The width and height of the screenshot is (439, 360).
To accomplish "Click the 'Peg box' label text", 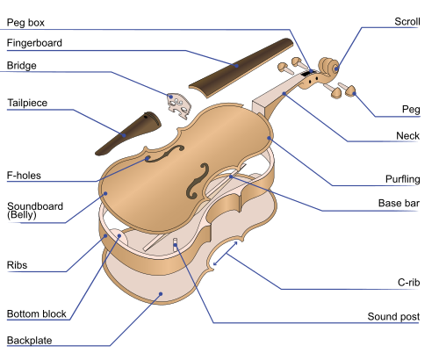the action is (x=25, y=23).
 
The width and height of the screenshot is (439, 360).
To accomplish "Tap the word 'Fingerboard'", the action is (x=34, y=43).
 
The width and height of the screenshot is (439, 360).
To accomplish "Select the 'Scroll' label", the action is (x=407, y=21).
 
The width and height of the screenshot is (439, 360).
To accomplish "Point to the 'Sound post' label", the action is (x=393, y=316).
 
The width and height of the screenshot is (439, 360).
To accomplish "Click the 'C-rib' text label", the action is (x=408, y=283).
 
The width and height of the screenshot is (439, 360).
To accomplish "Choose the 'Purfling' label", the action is (x=402, y=179).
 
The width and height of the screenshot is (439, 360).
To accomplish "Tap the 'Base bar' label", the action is (x=399, y=203).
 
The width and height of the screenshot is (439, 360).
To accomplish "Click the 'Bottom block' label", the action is (x=37, y=313).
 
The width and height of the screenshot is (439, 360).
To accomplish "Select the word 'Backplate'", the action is (x=29, y=341).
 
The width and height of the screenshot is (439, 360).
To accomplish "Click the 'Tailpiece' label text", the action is (x=27, y=103).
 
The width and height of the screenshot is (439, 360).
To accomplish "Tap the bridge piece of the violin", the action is (x=179, y=105).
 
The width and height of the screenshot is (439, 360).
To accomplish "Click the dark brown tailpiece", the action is (x=129, y=133).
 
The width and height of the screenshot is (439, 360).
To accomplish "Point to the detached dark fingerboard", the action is (x=241, y=68).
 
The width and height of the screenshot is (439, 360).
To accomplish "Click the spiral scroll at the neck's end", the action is (x=328, y=67).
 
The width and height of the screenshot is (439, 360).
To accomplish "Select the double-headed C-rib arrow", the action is (x=225, y=254).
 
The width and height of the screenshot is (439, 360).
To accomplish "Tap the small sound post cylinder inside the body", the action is (x=175, y=243).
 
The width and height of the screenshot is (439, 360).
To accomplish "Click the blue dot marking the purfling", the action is (x=269, y=138).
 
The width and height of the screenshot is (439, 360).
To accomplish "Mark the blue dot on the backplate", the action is (x=161, y=293).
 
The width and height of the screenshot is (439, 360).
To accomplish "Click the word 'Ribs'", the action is (x=17, y=265).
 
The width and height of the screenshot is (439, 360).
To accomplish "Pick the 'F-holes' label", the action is (x=24, y=176).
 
